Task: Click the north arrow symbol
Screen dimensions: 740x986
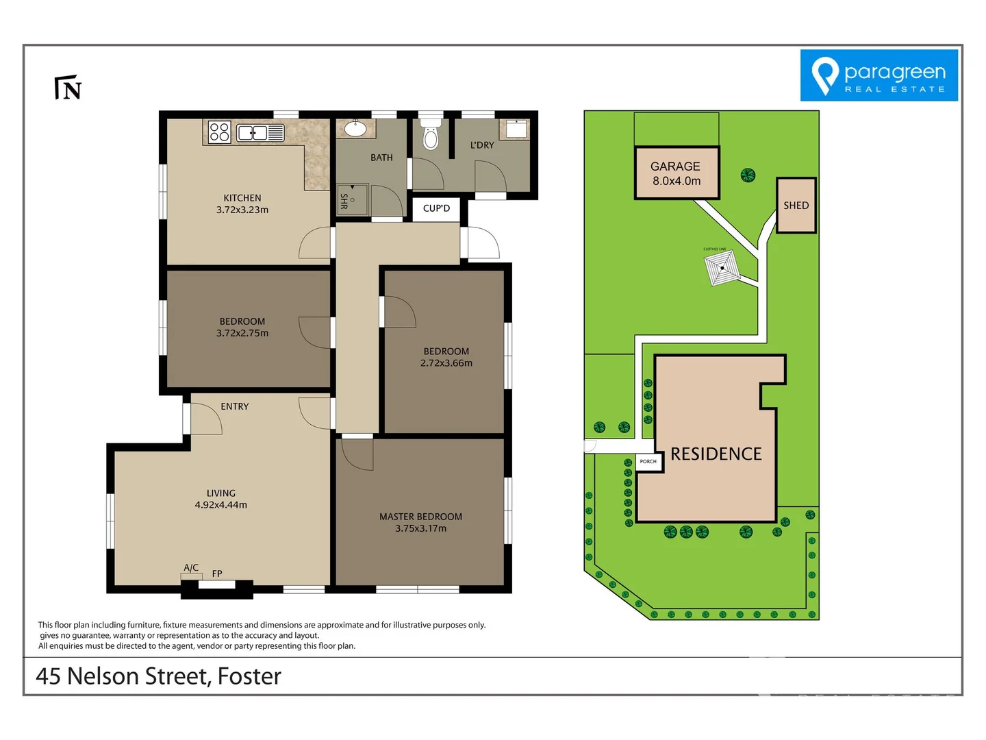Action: tap(68, 88)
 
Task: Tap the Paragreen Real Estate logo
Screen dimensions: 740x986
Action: tap(878, 75)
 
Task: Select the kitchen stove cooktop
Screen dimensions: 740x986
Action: tap(219, 132)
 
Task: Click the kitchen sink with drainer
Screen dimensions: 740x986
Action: tap(260, 132)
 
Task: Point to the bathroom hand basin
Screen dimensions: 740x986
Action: tap(355, 128)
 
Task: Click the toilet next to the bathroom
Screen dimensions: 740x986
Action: tap(431, 136)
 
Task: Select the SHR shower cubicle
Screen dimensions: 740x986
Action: tap(353, 199)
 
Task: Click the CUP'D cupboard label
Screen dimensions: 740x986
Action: tap(436, 208)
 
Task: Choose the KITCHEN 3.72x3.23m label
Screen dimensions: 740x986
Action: tap(242, 204)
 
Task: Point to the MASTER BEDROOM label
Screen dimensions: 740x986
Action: tap(420, 517)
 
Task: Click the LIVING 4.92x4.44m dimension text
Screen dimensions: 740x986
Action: tap(220, 505)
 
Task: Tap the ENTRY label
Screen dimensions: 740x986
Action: tap(234, 406)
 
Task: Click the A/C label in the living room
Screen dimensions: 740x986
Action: tap(191, 568)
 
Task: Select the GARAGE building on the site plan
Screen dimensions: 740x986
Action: tap(676, 173)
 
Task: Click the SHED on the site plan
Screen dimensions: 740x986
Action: tap(796, 206)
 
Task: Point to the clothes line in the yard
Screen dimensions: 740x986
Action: tap(722, 268)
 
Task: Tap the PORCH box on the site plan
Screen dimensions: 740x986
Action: tap(648, 462)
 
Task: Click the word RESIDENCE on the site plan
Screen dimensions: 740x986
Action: tap(716, 454)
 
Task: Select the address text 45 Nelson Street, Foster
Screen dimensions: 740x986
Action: tap(158, 676)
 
